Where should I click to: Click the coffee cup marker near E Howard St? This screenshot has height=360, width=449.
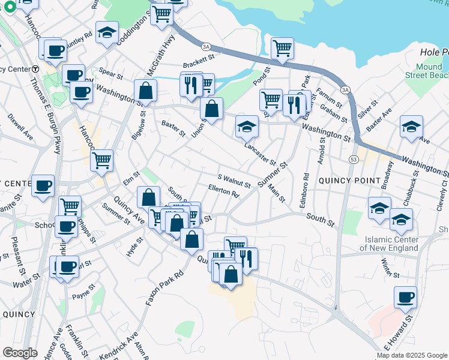(x=406, y=296)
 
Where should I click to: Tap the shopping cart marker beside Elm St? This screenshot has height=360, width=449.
(x=102, y=160)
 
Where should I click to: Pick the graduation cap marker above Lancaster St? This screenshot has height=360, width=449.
(x=247, y=126)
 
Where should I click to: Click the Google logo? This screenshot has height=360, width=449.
(x=20, y=353)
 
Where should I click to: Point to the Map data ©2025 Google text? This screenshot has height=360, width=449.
(x=412, y=355)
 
